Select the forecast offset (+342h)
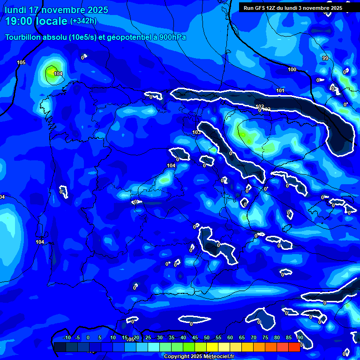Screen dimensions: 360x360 pyautogui.click(x=83, y=21)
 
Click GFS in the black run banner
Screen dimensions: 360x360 pyautogui.click(x=265, y=8)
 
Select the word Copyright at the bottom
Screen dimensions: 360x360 pyautogui.click(x=176, y=357)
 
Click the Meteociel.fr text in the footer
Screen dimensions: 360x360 pyautogui.click(x=218, y=357)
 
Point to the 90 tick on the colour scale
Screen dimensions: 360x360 pyautogui.click(x=300, y=338)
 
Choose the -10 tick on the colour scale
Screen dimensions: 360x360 pyautogui.click(x=67, y=338)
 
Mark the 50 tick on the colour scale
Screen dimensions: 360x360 pyautogui.click(x=207, y=338)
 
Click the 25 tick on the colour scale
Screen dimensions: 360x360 pyautogui.click(x=148, y=338)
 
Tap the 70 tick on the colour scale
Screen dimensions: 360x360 pyautogui.click(x=254, y=338)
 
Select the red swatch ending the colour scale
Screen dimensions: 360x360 pyautogui.click(x=294, y=347)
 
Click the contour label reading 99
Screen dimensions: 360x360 pyautogui.click(x=325, y=58)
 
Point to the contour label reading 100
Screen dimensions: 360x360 pyautogui.click(x=292, y=69)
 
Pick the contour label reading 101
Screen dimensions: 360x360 pyautogui.click(x=280, y=90)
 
